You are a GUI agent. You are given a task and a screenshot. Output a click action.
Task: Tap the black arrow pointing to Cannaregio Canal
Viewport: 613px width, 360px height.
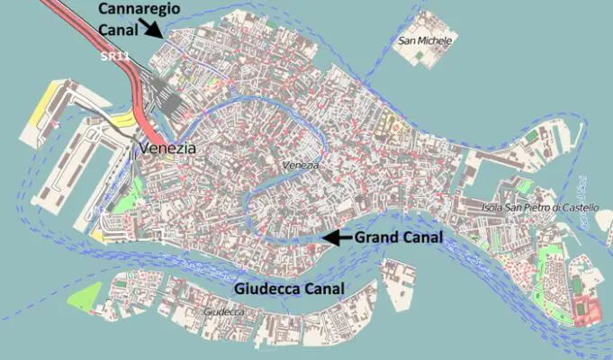coord(154,29)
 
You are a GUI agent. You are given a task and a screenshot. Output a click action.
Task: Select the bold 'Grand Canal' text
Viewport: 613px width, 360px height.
coord(399,238)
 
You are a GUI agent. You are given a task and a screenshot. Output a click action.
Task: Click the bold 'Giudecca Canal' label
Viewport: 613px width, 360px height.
coord(290,290)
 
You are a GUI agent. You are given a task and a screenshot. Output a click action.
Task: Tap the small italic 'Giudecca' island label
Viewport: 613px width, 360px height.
coord(224,311)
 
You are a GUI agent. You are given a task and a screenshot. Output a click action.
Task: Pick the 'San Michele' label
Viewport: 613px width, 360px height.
coord(425,41)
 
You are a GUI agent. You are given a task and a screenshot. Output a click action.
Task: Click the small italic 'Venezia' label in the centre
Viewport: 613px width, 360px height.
coord(300,166)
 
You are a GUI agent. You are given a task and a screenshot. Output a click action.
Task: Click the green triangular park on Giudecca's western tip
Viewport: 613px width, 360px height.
coord(86,298)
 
